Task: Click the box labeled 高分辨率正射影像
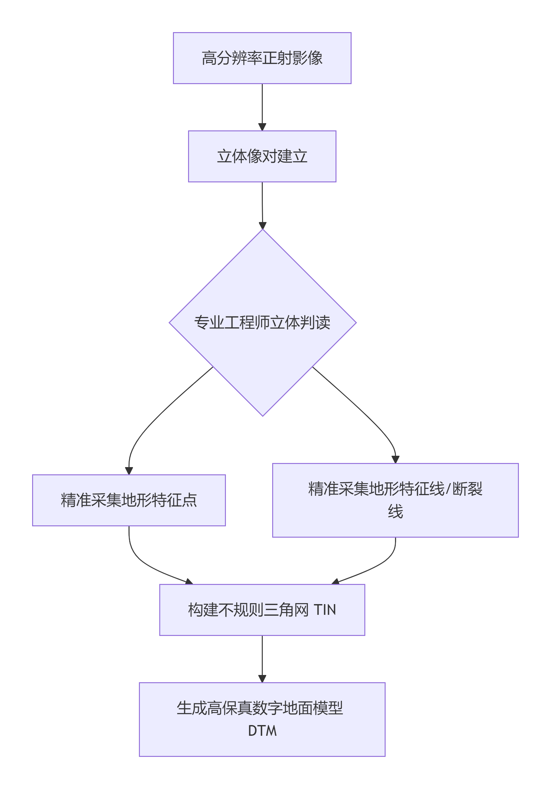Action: [262, 58]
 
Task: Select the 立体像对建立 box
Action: [262, 156]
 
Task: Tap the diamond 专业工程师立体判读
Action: [262, 322]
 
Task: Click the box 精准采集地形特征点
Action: [129, 500]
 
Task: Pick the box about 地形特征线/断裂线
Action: [395, 500]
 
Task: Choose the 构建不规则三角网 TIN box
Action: [262, 609]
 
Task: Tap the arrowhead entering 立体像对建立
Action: [262, 127]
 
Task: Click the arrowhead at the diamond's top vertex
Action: [262, 226]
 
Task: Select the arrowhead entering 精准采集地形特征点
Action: [129, 471]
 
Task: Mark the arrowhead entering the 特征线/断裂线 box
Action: [395, 459]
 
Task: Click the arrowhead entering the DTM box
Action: [262, 679]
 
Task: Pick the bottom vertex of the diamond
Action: [263, 415]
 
